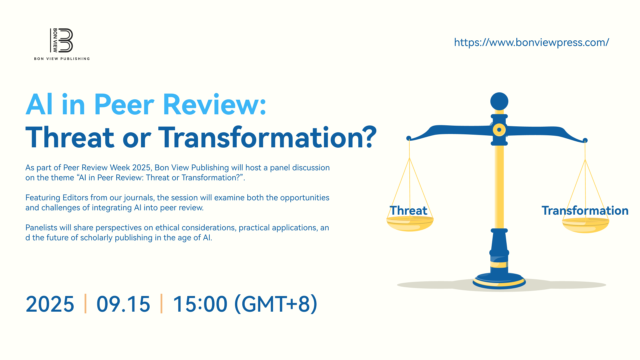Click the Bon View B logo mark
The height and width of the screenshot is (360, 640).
[62, 40]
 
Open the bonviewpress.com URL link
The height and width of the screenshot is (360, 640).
[531, 43]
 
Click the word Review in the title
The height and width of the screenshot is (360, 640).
[211, 105]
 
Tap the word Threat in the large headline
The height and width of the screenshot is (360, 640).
[70, 137]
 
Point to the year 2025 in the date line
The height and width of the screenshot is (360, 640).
[50, 304]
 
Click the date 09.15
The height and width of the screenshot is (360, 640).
[123, 304]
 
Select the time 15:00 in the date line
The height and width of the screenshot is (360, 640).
[200, 304]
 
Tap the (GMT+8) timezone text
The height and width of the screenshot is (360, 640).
[276, 304]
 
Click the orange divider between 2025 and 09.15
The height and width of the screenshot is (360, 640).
[86, 304]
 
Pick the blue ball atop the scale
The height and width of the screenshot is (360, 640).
[499, 101]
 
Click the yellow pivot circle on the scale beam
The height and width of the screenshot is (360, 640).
[499, 130]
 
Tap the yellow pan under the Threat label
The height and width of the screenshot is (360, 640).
[410, 224]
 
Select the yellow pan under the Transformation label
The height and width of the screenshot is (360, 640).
[586, 225]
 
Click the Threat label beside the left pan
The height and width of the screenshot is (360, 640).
[409, 211]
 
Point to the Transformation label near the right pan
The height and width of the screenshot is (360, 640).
[585, 211]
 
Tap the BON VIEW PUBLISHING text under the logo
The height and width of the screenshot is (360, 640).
[62, 59]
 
